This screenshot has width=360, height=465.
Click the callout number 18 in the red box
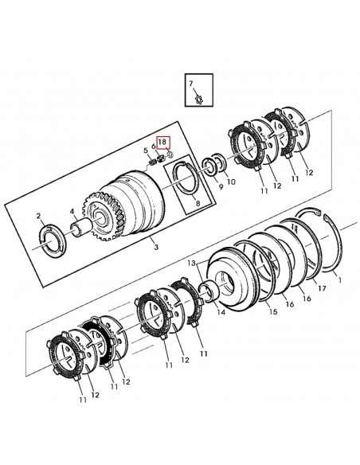(162, 142)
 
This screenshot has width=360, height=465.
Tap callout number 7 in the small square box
(191, 84)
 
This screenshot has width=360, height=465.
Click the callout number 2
(38, 216)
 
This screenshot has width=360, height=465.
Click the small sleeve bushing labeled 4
(80, 228)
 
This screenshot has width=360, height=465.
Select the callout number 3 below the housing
(156, 247)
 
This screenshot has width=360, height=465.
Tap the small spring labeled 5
(152, 162)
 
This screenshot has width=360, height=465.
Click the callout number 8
(198, 204)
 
